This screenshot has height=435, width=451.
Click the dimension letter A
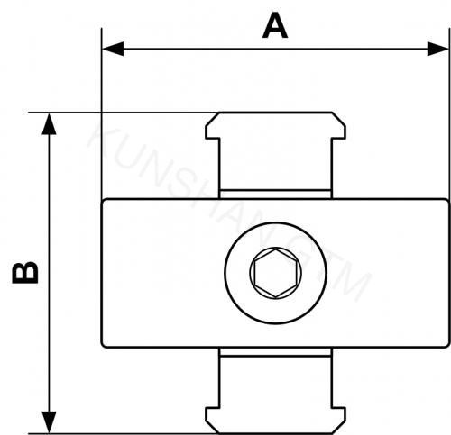point(275,25)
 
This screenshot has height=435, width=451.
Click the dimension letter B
point(26,272)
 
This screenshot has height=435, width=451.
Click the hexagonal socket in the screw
point(270,271)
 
